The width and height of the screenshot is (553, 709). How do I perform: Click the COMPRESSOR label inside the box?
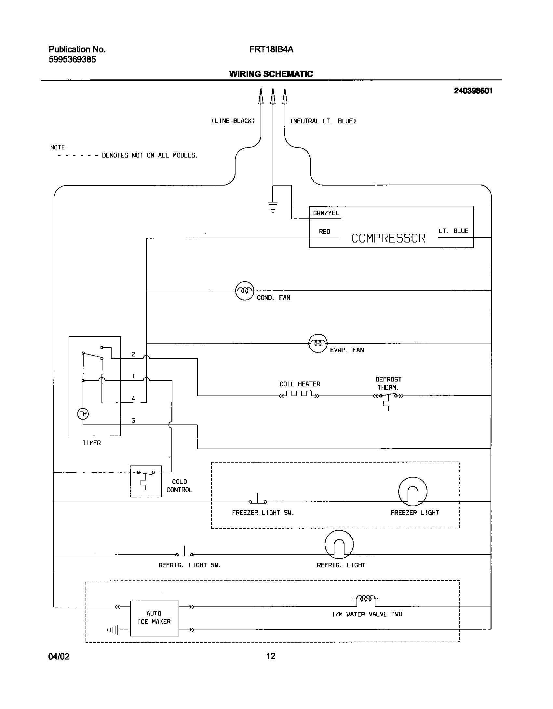388,238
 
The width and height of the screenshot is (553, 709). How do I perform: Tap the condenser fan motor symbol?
244,291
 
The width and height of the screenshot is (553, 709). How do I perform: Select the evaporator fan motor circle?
317,343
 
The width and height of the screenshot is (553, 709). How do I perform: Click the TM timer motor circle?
83,414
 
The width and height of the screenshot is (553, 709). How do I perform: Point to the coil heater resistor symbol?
299,395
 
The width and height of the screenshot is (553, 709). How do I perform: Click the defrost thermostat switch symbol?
388,397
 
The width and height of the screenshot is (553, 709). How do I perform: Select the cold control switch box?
145,481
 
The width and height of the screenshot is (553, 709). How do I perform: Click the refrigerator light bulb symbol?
339,544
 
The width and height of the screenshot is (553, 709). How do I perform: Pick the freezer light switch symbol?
258,500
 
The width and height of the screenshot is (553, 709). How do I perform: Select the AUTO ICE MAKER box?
154,618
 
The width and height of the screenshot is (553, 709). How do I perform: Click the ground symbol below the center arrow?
273,207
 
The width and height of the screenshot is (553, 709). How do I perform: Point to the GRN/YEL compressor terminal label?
326,213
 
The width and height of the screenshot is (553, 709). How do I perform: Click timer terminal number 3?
133,421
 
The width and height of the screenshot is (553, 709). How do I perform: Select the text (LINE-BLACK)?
233,121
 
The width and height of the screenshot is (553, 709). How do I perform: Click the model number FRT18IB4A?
271,49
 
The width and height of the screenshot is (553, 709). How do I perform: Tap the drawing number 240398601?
473,91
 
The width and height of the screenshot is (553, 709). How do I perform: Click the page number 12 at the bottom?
271,656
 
